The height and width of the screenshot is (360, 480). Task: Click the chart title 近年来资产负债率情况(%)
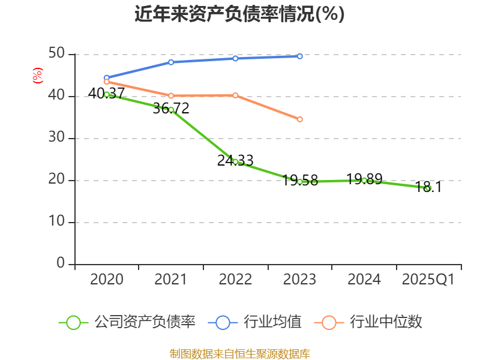click(x=239, y=14)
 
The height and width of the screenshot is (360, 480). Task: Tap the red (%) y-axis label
click(x=37, y=76)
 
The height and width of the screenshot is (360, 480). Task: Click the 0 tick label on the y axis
click(x=61, y=263)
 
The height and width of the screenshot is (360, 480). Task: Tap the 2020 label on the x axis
click(x=107, y=280)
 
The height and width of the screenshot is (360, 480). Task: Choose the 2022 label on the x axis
click(x=235, y=280)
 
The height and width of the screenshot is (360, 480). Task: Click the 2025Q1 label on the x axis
click(x=428, y=280)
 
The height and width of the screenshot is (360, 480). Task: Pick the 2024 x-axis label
click(x=364, y=280)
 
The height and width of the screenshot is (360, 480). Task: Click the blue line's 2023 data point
click(x=299, y=56)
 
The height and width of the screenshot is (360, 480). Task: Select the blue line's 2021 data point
click(x=171, y=62)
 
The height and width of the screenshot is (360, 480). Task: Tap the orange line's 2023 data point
click(x=299, y=119)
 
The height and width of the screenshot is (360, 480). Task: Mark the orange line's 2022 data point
click(x=235, y=95)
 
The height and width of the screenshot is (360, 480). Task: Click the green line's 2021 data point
click(x=171, y=110)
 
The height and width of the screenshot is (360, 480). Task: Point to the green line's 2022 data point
click(x=235, y=161)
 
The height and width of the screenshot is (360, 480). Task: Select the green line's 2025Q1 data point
click(x=428, y=188)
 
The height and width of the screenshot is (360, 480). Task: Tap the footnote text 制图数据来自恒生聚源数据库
click(x=239, y=354)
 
